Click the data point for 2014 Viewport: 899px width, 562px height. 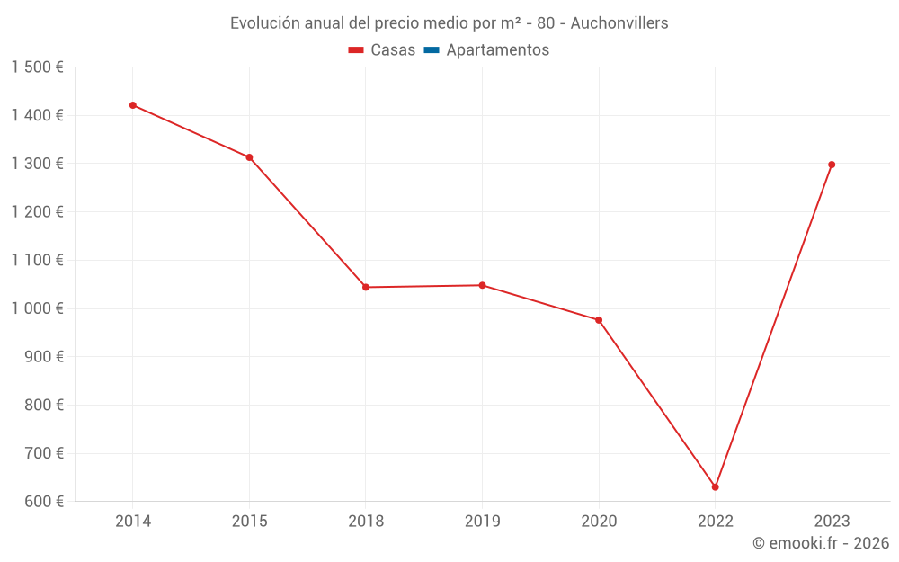133,105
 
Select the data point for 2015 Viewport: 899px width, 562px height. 249,157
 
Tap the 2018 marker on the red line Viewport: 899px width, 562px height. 366,287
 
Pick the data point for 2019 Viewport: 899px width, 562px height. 482,285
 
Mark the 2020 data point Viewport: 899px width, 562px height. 599,320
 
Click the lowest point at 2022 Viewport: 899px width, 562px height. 715,487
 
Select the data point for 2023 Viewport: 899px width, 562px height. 832,165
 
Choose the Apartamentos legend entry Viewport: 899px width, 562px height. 497,50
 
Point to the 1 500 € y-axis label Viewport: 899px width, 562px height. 37,67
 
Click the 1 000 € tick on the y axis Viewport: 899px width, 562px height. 37,308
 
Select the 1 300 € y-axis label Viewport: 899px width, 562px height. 37,164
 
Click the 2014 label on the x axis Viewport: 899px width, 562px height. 133,521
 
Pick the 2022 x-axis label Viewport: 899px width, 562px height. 715,521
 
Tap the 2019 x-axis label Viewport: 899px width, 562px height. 482,521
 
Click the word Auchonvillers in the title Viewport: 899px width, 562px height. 619,23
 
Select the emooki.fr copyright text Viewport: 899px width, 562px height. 821,543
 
